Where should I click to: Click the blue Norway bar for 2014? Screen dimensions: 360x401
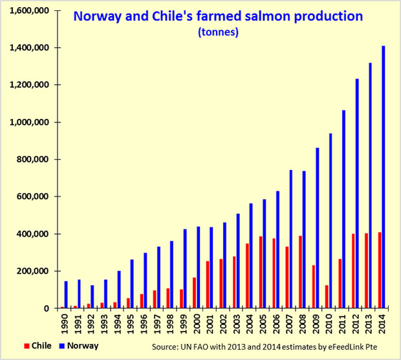pyautogui.click(x=384, y=177)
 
